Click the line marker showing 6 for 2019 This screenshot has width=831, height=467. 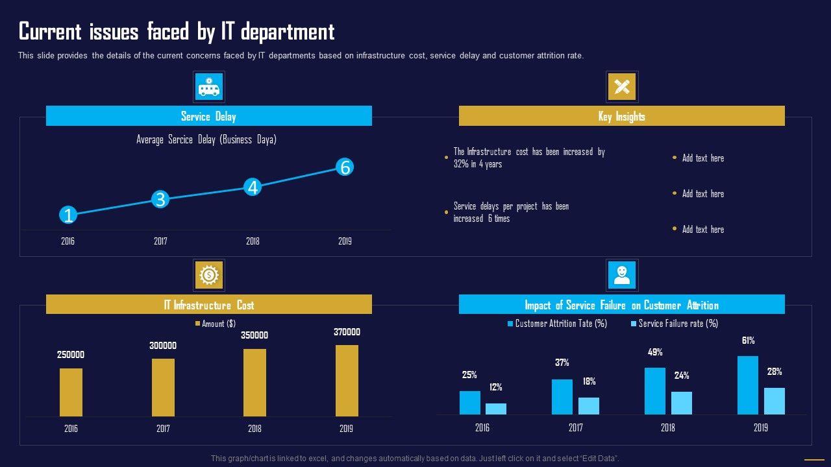click(345, 167)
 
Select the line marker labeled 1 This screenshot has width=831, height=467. click(68, 215)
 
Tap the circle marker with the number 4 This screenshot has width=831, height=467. click(253, 187)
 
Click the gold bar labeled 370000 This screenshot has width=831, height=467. click(347, 380)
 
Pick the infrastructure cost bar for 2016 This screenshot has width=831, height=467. click(71, 392)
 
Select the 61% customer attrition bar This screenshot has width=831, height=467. click(747, 385)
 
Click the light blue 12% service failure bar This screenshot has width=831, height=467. click(496, 409)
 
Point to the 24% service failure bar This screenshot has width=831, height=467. click(682, 403)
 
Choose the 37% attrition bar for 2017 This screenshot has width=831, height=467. click(562, 396)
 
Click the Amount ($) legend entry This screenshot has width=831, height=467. click(215, 324)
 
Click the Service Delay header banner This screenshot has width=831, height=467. click(208, 116)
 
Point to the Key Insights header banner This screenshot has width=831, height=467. click(621, 116)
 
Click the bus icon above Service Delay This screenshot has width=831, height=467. click(208, 87)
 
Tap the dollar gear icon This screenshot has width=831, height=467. click(208, 275)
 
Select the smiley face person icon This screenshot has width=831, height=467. click(621, 275)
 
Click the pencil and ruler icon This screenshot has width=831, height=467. click(621, 87)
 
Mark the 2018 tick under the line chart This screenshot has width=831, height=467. click(253, 241)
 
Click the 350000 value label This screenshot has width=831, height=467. click(254, 335)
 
